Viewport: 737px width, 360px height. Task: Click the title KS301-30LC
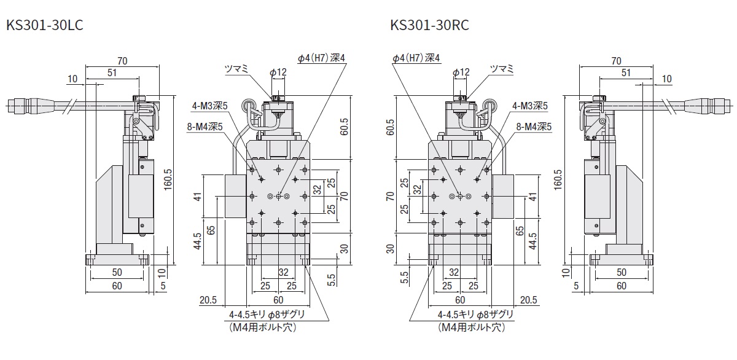tap(44, 26)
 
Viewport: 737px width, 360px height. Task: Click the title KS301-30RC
tap(429, 26)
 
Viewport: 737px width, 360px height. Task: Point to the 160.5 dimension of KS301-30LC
tap(168, 178)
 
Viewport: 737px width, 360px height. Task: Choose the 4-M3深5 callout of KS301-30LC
tap(210, 106)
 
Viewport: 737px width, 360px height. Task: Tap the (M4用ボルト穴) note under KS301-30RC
tap(471, 327)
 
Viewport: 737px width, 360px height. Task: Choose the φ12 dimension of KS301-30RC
tap(461, 72)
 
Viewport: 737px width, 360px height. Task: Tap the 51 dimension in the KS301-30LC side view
tap(112, 72)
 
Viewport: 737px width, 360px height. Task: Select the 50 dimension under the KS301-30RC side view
tap(621, 272)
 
